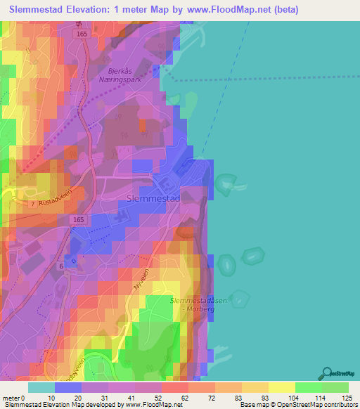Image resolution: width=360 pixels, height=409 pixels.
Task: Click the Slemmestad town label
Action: tap(153, 199)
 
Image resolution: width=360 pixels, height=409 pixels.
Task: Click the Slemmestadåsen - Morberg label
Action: tap(199, 304)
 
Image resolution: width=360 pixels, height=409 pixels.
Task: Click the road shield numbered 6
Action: tap(61, 266)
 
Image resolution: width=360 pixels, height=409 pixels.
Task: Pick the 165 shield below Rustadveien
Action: tap(79, 220)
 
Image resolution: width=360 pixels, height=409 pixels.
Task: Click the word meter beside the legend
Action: tap(11, 397)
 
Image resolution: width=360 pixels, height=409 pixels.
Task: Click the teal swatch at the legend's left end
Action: tap(41, 387)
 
